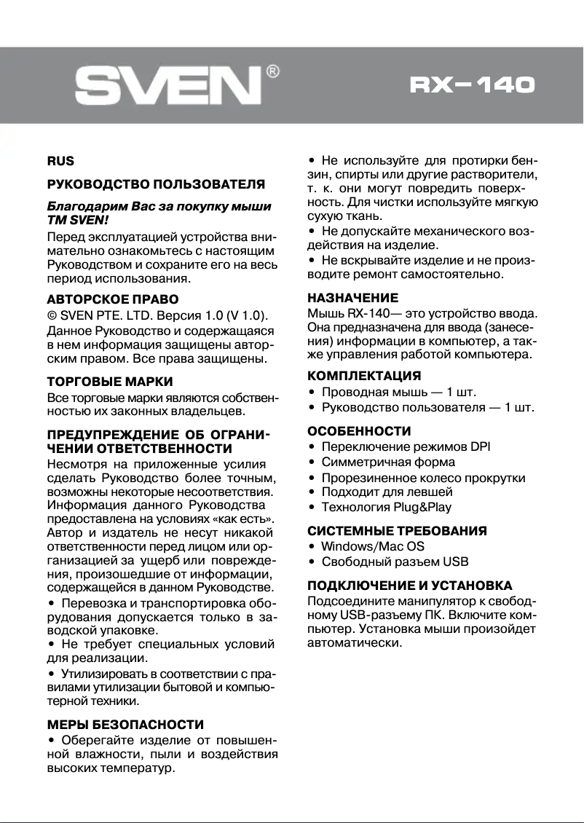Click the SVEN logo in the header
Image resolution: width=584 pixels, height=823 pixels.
pyautogui.click(x=168, y=86)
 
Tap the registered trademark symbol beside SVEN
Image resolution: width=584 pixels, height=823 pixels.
pyautogui.click(x=272, y=71)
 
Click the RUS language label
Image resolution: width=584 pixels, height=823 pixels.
pyautogui.click(x=60, y=161)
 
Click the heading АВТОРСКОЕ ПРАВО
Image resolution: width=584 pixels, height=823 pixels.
pyautogui.click(x=113, y=299)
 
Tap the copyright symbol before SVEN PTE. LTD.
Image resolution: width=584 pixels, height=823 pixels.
pyautogui.click(x=52, y=315)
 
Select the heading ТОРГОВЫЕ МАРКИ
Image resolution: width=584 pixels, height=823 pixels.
pyautogui.click(x=110, y=381)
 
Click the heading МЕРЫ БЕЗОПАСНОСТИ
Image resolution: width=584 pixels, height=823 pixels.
pyautogui.click(x=125, y=725)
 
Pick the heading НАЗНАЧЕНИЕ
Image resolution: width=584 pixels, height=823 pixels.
pyautogui.click(x=353, y=298)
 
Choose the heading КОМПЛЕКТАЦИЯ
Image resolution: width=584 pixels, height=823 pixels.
pyautogui.click(x=364, y=377)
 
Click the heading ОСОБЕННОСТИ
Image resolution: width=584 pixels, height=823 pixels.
pyautogui.click(x=359, y=431)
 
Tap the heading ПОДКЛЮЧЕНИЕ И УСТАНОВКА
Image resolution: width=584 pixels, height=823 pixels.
pyautogui.click(x=410, y=586)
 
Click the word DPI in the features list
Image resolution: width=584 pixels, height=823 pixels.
pyautogui.click(x=480, y=446)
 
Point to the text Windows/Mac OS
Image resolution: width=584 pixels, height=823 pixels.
pyautogui.click(x=373, y=546)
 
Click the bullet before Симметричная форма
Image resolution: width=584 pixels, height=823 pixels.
pyautogui.click(x=312, y=462)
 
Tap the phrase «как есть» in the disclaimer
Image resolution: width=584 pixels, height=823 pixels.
pyautogui.click(x=248, y=519)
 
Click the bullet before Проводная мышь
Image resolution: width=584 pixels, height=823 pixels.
pyautogui.click(x=312, y=393)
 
